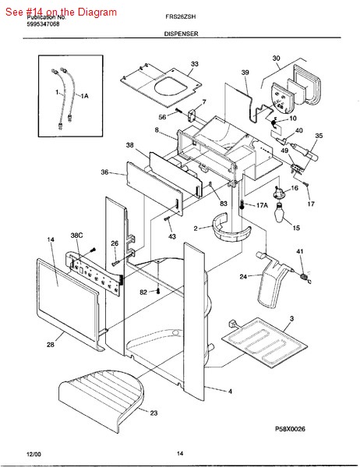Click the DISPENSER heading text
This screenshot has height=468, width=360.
(181, 34)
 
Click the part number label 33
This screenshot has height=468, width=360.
(194, 64)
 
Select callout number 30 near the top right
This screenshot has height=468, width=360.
(276, 58)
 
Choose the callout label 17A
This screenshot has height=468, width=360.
(261, 205)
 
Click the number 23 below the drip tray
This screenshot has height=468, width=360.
(154, 413)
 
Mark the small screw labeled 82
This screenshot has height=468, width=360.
(159, 292)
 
